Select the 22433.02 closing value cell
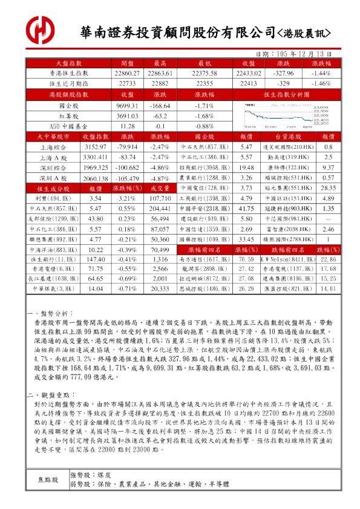click(246, 73)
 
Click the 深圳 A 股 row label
click(53, 178)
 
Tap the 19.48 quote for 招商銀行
click(246, 167)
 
